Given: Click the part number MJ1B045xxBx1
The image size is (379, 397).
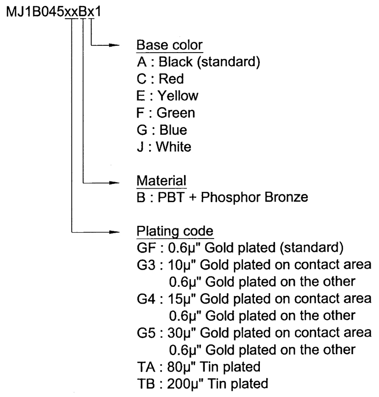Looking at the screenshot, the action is coord(54,12).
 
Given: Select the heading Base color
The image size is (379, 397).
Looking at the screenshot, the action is coord(169,45).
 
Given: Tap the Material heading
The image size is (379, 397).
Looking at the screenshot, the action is coord(161,181).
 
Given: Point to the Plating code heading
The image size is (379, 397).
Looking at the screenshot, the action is coord(175,231).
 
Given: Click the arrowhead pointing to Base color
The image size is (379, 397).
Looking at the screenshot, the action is coord(114,45).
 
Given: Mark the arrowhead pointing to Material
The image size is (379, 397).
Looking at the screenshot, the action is coord(114,183).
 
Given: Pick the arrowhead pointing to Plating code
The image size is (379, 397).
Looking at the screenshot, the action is coord(114,232).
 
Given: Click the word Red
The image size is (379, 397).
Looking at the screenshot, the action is coord(171,79).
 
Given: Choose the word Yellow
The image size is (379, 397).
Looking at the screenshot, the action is coord(178,96).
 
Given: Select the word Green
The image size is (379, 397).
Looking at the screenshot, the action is coord(176,113).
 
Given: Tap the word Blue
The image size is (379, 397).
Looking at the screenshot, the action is coord(173,130).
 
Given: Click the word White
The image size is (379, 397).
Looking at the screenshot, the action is coord(174,147).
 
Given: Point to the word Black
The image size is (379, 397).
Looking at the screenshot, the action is coord(176,62).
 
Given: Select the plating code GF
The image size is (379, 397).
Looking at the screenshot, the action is coord(146,248).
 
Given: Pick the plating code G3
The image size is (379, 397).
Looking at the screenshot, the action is coord(146,265).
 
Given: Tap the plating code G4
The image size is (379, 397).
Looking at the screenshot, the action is coord(146,299).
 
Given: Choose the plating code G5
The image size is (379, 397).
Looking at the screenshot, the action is coord(146,333).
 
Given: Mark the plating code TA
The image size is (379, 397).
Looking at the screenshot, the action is coord(146,367).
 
